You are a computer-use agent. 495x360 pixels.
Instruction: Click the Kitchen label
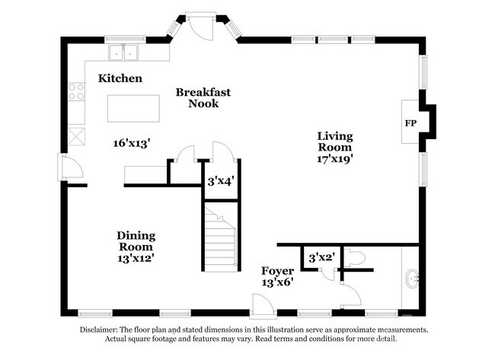pos(120,78)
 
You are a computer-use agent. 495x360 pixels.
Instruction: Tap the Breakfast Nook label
pos(203,98)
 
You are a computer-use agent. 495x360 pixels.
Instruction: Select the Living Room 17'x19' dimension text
pos(334,159)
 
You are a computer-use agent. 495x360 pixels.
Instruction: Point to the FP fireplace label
pos(410,123)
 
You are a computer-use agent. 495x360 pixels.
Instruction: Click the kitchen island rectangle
pos(133,108)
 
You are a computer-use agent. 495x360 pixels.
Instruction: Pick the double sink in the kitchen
pos(123,52)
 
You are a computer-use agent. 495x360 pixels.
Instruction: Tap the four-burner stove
pos(76,91)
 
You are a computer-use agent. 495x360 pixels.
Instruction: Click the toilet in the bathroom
pos(355,258)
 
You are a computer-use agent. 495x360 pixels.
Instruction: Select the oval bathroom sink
pos(412,279)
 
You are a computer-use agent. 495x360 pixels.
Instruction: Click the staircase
pos(220,237)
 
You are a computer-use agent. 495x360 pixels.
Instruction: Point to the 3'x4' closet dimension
pos(220,181)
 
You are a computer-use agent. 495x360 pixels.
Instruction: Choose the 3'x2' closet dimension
pos(321,258)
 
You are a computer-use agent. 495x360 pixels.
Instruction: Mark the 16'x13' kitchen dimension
pos(131,144)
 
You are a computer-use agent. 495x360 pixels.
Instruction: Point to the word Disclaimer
pos(98,330)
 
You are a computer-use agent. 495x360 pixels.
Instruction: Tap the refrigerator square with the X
pos(76,137)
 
